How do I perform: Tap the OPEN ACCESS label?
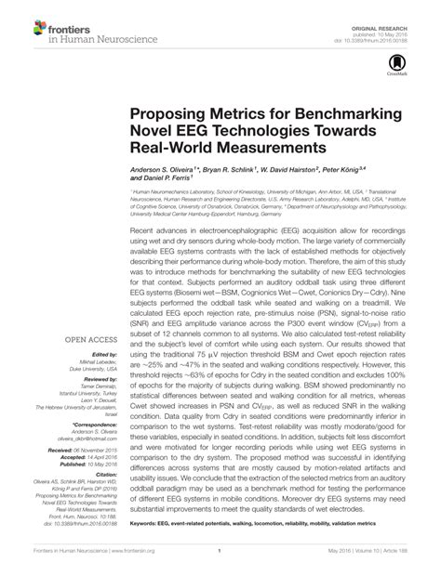91,339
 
